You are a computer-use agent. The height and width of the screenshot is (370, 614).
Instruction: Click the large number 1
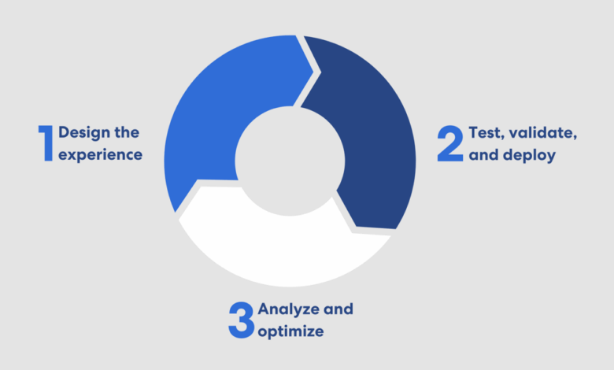coord(46,142)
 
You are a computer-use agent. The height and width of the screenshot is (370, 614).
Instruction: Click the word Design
coord(83,132)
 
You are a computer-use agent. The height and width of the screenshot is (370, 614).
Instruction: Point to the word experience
coord(101,154)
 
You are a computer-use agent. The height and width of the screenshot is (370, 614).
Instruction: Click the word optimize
coord(290,331)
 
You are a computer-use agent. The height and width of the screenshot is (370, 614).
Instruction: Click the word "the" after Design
coord(127,132)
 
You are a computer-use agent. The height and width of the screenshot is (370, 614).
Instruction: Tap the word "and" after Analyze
coord(339,309)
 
